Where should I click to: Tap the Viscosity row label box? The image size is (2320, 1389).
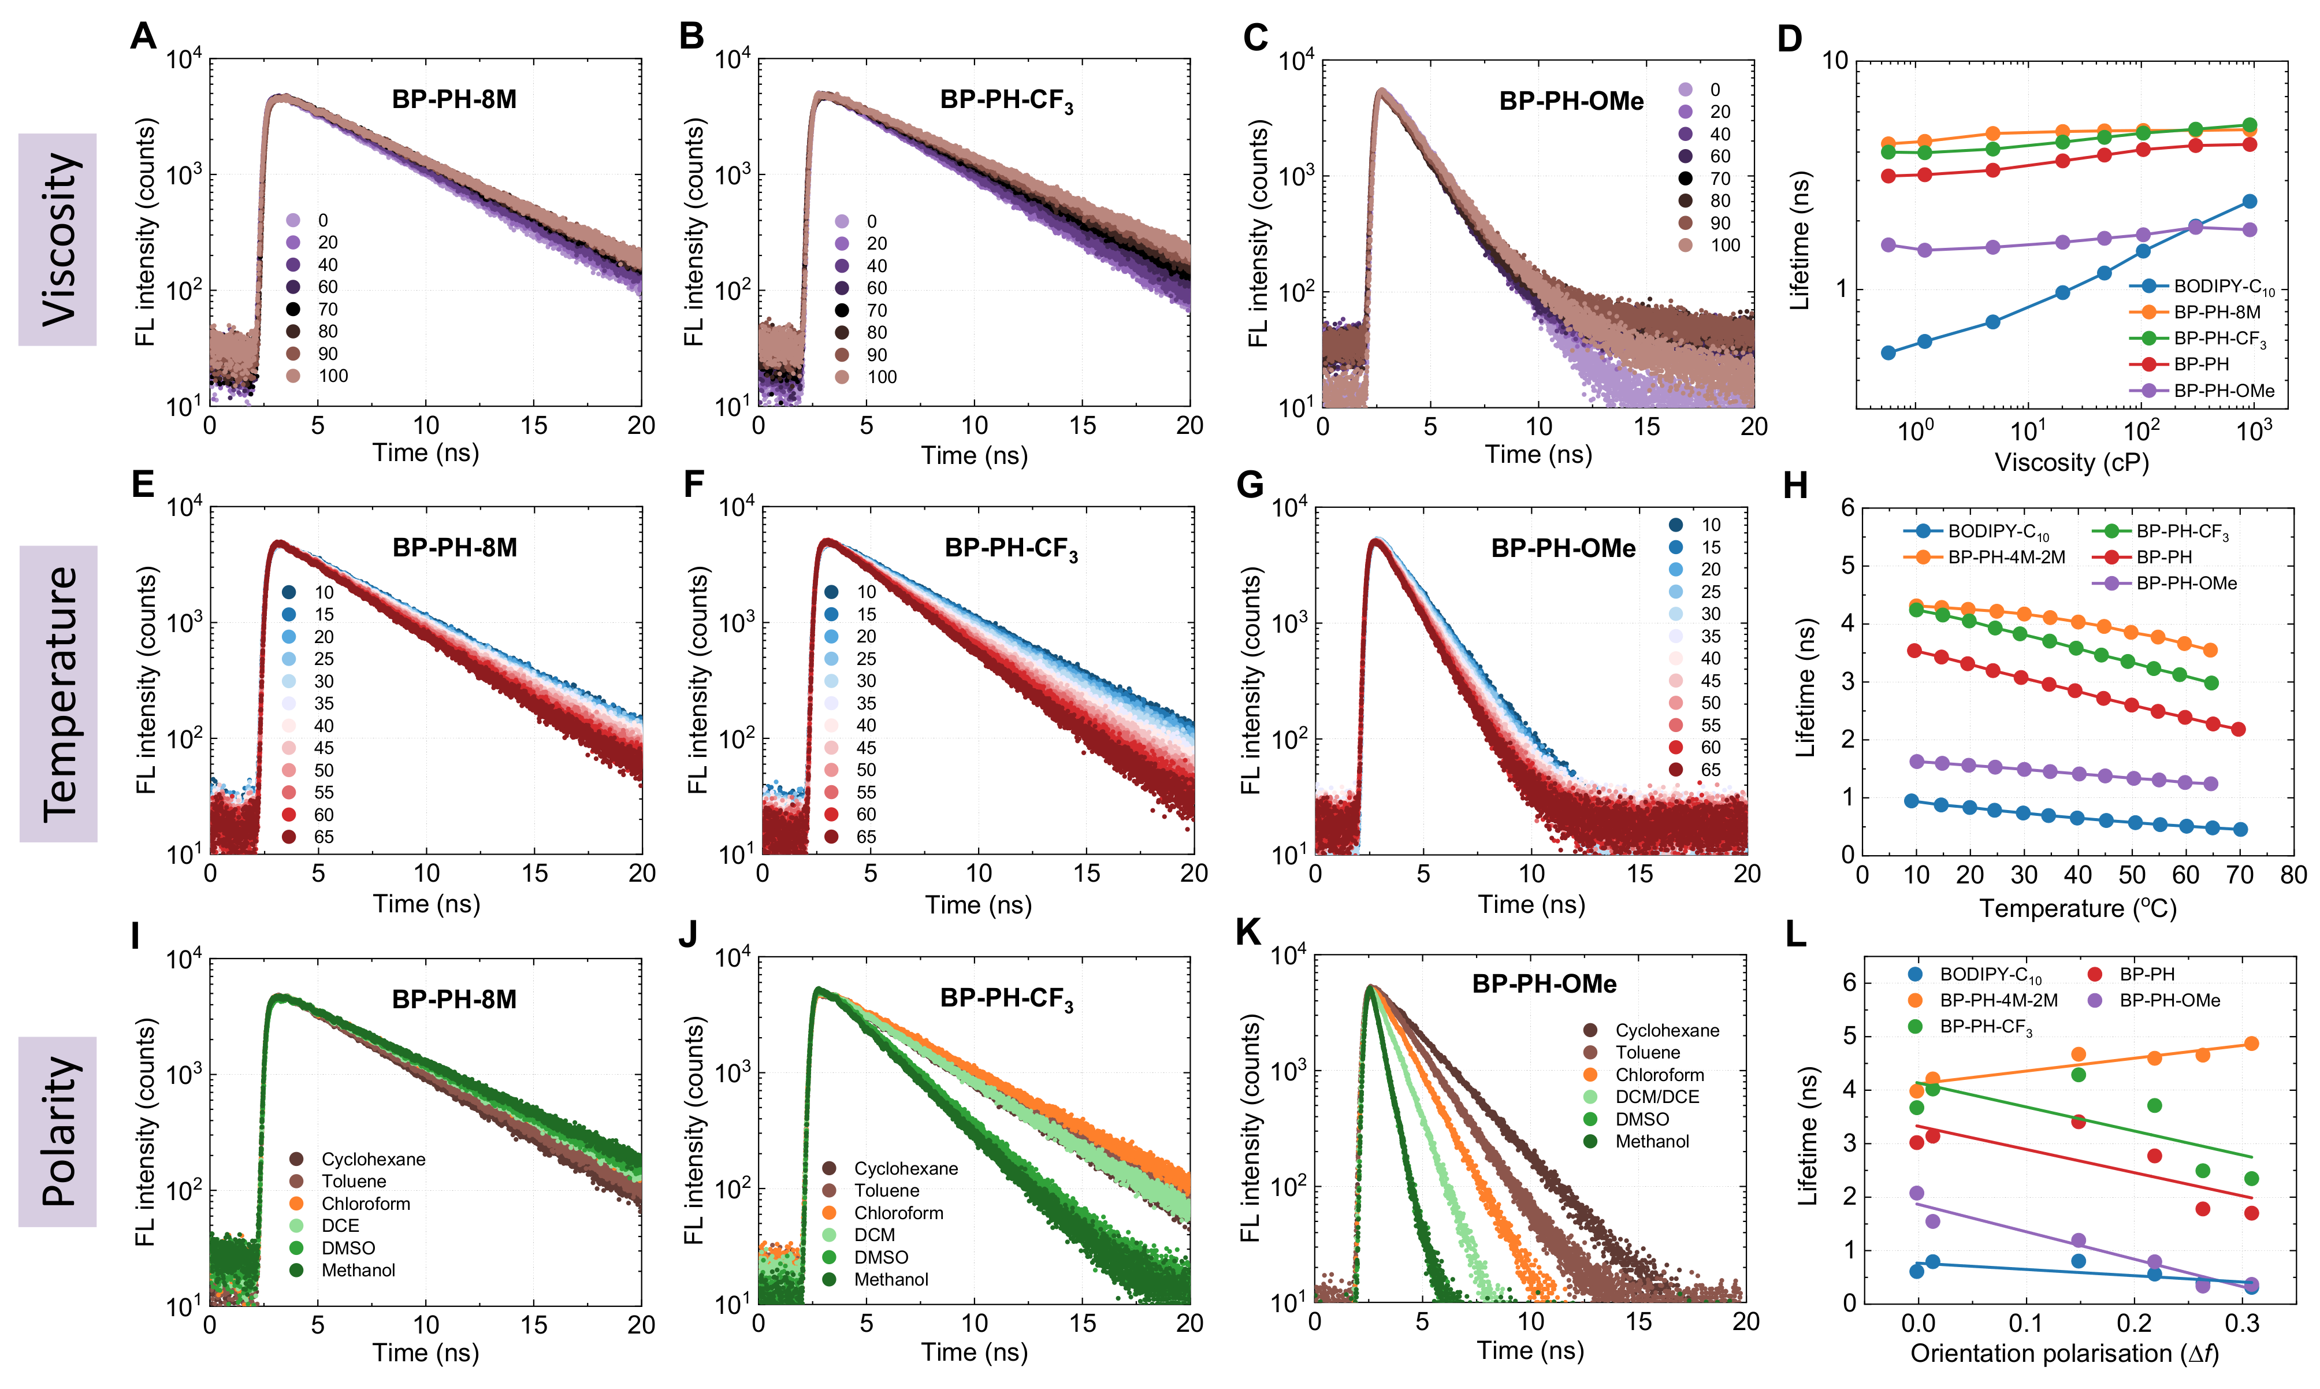click(58, 240)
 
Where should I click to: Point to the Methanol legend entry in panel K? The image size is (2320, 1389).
click(1651, 1142)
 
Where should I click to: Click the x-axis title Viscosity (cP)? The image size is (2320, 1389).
click(2071, 462)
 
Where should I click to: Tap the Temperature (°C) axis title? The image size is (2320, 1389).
click(2077, 908)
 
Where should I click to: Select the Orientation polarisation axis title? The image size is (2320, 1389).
click(2064, 1353)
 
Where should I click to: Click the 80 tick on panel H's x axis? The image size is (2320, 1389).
click(2293, 875)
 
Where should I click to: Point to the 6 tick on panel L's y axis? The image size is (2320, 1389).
click(1849, 982)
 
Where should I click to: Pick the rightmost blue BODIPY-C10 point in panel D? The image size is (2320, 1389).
click(2250, 201)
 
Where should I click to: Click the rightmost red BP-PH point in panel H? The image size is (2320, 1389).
click(2239, 729)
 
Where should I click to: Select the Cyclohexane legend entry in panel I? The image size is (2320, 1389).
click(373, 1160)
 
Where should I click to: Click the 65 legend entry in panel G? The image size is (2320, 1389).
click(1710, 770)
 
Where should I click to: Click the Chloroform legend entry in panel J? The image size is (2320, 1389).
click(898, 1213)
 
